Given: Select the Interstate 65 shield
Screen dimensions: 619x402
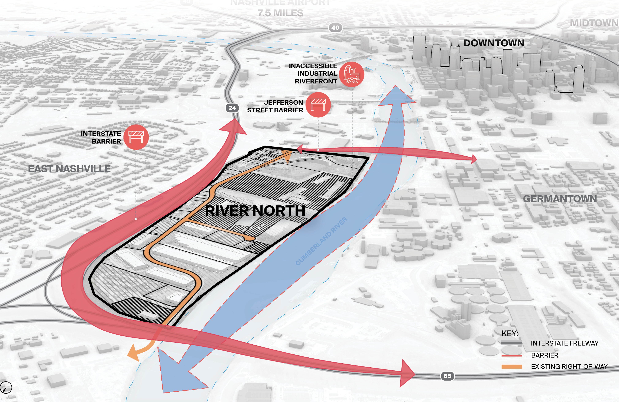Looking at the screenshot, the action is coord(447,376).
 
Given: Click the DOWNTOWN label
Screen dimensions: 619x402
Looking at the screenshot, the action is coord(494,43).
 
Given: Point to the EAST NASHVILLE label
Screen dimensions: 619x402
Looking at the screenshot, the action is coord(69,169).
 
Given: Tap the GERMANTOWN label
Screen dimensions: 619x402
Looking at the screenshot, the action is coord(560,199).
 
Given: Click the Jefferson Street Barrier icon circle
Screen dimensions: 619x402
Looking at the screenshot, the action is coord(318,105).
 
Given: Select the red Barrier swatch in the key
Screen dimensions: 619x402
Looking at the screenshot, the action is coord(512,355).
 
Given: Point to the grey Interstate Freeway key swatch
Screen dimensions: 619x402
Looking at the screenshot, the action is coord(512,343).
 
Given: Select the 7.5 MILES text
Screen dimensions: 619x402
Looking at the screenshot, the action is coord(281,13).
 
